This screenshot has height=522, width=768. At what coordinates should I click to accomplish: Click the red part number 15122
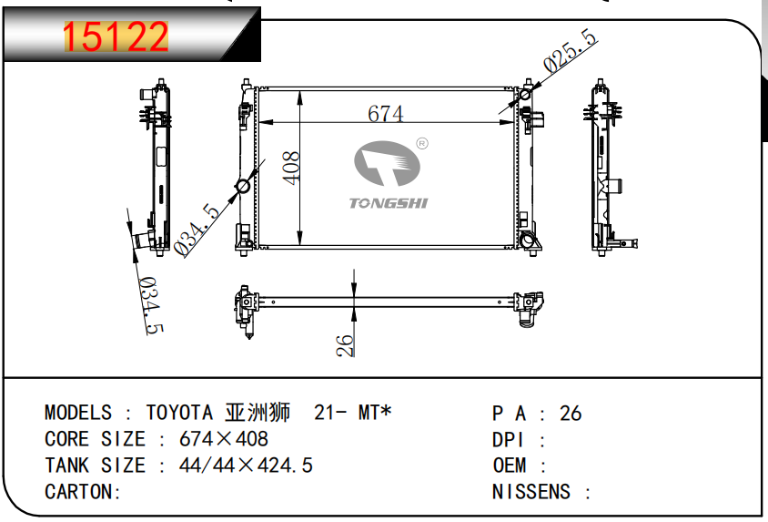pyautogui.click(x=116, y=36)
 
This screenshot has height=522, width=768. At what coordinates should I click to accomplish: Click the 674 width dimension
pyautogui.click(x=386, y=114)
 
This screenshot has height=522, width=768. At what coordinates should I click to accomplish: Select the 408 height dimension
pyautogui.click(x=291, y=169)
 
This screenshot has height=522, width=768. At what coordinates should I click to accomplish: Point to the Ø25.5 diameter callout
pyautogui.click(x=571, y=50)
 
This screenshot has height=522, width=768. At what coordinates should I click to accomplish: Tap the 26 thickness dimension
pyautogui.click(x=345, y=345)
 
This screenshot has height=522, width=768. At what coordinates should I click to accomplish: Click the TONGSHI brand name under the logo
pyautogui.click(x=389, y=203)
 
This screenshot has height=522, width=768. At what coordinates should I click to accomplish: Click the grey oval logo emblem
pyautogui.click(x=387, y=163)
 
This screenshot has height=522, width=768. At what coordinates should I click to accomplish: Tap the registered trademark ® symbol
pyautogui.click(x=421, y=143)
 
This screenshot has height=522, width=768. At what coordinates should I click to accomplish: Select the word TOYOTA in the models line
pyautogui.click(x=179, y=413)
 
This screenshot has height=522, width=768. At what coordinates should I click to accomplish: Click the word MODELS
pyautogui.click(x=78, y=413)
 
